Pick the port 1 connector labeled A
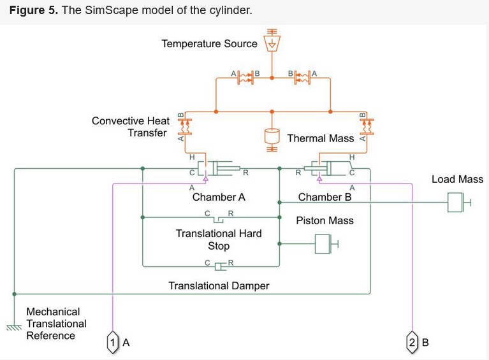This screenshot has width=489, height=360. click(113, 342)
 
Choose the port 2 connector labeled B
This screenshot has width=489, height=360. click(412, 342)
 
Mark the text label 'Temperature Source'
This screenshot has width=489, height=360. click(209, 44)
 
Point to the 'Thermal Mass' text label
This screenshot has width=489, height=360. click(320, 138)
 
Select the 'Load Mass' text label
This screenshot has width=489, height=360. click(457, 179)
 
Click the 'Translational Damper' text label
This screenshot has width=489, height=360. click(219, 285)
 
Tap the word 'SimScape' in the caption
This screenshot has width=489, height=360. click(106, 11)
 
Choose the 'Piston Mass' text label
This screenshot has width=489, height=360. click(325, 220)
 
